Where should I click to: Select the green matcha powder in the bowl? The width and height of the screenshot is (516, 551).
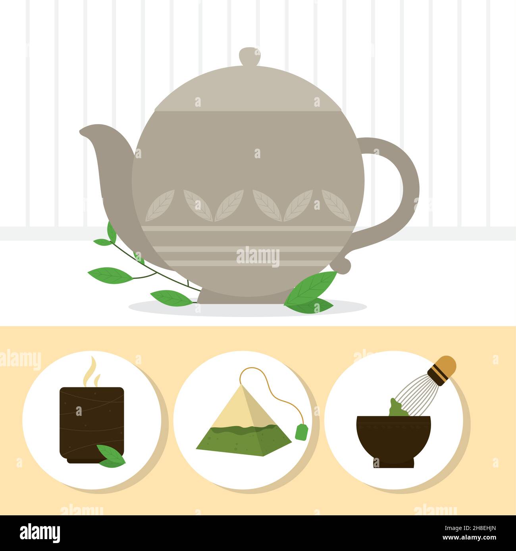pos(395,408)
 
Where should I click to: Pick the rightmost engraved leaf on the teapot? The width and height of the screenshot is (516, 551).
pos(335,205)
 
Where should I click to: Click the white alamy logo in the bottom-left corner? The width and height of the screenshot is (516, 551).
pos(40,533)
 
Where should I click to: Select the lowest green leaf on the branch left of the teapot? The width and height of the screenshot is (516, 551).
pos(171,297)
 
